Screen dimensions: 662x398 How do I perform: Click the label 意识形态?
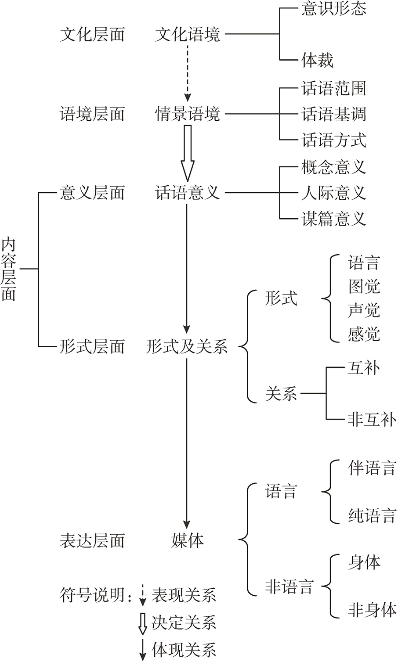pyautogui.click(x=333, y=10)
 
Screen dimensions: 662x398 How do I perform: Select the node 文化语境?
pyautogui.click(x=188, y=34)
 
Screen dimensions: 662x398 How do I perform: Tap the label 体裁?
pyautogui.click(x=317, y=60)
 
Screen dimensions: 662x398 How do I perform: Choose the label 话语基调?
pyautogui.click(x=333, y=115)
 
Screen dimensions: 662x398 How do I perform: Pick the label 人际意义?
pyautogui.click(x=333, y=193)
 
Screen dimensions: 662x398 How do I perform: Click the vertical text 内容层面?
pyautogui.click(x=9, y=269)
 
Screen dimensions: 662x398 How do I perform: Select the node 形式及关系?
pyautogui.click(x=188, y=347)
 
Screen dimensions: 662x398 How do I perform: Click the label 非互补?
pyautogui.click(x=372, y=420)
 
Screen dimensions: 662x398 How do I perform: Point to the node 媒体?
pyautogui.click(x=188, y=540)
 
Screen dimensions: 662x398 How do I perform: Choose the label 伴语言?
pyautogui.click(x=372, y=468)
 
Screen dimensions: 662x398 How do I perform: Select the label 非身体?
pyautogui.click(x=372, y=609)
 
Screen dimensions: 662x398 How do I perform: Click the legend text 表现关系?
pyautogui.click(x=184, y=596)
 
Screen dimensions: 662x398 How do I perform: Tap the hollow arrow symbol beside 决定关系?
pyautogui.click(x=142, y=623)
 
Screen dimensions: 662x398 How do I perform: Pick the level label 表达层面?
pyautogui.click(x=92, y=540)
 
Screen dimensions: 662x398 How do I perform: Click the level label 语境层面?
pyautogui.click(x=92, y=115)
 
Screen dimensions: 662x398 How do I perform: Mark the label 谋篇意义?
pyautogui.click(x=333, y=219)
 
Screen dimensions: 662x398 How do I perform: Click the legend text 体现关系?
pyautogui.click(x=184, y=649)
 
